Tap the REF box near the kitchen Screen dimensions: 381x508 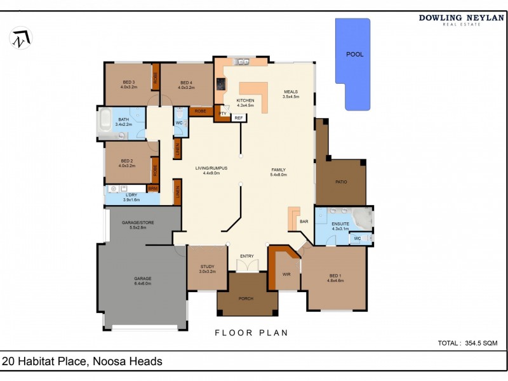click(x=239, y=117)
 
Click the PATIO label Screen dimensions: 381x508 click(x=341, y=182)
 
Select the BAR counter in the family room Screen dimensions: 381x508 click(x=294, y=218)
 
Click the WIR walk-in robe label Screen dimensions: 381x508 click(x=286, y=274)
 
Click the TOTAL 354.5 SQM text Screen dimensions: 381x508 click(x=467, y=343)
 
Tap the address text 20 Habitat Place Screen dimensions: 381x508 click(x=83, y=361)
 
